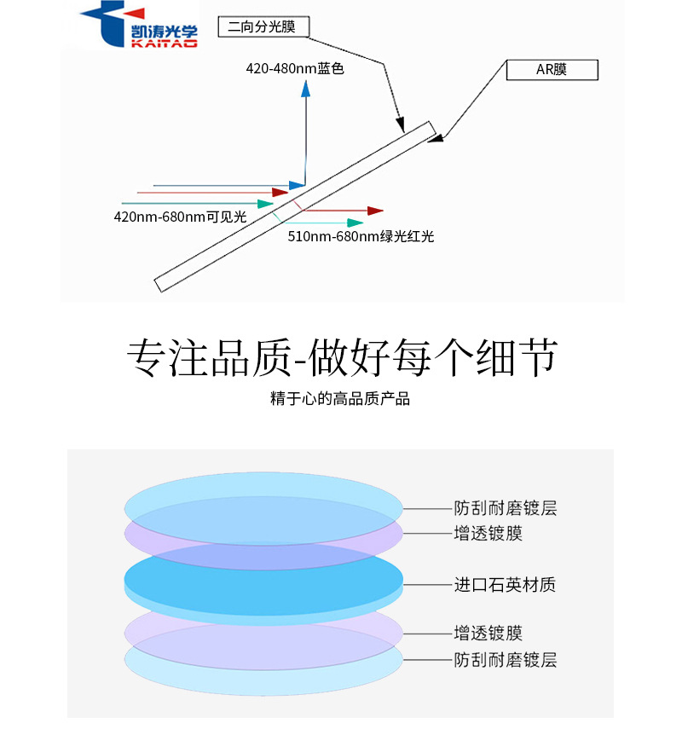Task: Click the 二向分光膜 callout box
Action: point(263,27)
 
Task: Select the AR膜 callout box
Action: point(552,70)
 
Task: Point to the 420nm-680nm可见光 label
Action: point(180,217)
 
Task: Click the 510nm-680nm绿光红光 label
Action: point(361,236)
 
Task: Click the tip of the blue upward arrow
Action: point(304,90)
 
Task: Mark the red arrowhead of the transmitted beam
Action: point(375,210)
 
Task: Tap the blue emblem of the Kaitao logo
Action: point(105,26)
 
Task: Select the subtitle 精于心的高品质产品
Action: point(340,398)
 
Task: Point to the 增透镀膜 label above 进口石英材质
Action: point(488,534)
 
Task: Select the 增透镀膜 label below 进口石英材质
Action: point(488,634)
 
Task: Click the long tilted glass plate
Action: point(294,205)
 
